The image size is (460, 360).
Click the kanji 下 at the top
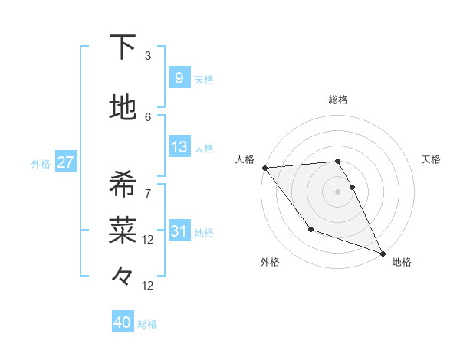point(123,48)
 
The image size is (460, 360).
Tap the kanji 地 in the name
point(123,108)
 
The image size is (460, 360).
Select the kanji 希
point(123,185)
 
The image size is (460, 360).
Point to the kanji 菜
point(123,227)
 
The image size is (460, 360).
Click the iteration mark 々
point(123,275)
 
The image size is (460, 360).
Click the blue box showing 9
point(179,77)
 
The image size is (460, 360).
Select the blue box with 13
point(179,147)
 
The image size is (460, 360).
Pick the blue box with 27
point(65,162)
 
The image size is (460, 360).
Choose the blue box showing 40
point(123,322)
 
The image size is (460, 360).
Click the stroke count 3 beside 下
point(148,56)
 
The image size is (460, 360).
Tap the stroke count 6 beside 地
point(148,116)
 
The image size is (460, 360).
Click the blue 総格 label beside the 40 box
point(147,324)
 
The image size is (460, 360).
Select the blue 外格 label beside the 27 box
point(41,164)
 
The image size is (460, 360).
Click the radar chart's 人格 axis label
point(245,159)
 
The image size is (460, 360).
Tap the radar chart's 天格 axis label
point(431,159)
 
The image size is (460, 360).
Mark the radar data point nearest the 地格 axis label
point(383,254)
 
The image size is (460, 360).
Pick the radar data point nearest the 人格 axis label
point(264,168)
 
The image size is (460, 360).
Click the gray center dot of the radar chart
point(337,191)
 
